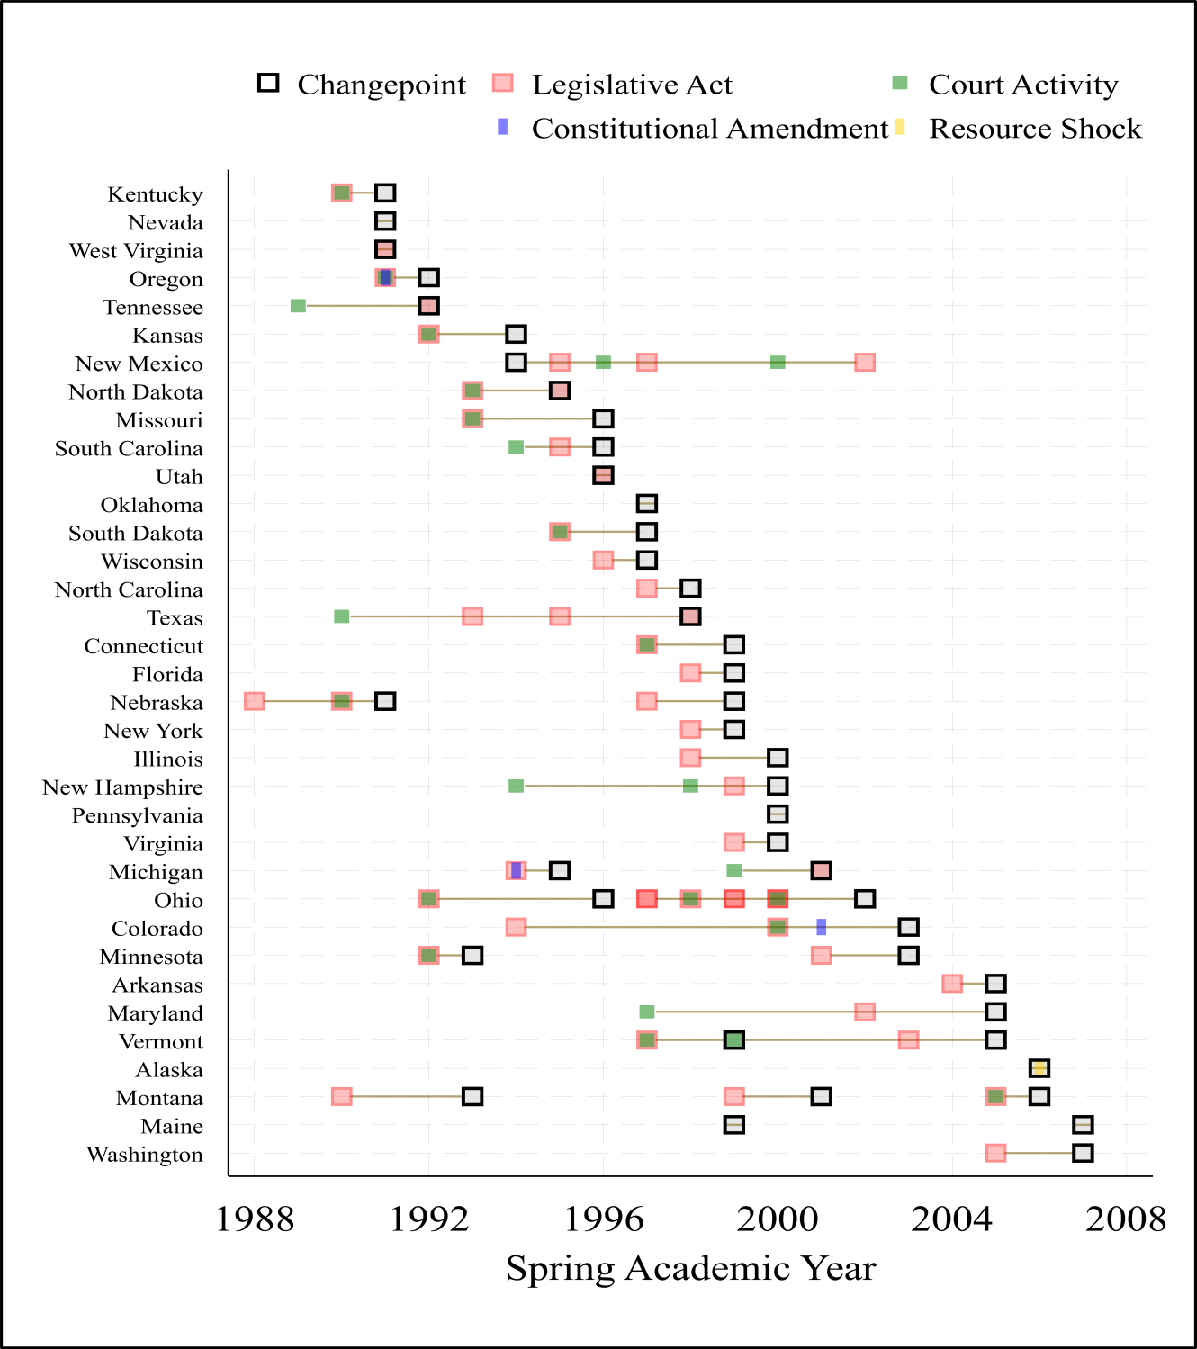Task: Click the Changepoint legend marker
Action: coord(268,83)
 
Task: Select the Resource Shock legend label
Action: coord(1035,129)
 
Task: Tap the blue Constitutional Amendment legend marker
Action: coord(503,127)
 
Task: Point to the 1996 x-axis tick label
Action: coord(604,1219)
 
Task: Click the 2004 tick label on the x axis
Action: coord(952,1219)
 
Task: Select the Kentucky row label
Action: coord(155,194)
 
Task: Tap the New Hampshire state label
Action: coord(122,787)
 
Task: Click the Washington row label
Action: coord(145,1155)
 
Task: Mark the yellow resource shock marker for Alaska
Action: coord(1039,1069)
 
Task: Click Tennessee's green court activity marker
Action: coord(298,306)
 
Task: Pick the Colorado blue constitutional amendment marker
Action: coord(822,927)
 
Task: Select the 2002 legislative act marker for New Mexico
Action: coord(865,363)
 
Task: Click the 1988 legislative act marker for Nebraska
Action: coord(255,702)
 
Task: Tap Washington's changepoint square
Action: coord(1083,1153)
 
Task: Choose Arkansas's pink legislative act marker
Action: coord(952,984)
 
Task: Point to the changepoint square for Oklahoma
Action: coord(647,504)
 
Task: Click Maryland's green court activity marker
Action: coord(647,1012)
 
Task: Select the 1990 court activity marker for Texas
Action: coord(342,616)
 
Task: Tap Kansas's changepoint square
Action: coord(517,334)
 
